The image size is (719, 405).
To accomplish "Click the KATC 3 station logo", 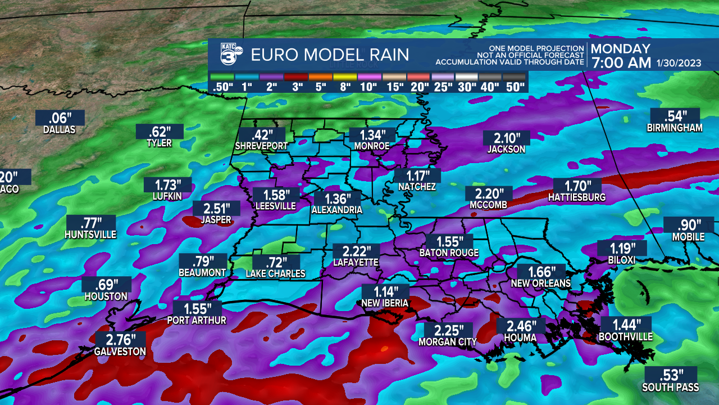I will (x=230, y=55).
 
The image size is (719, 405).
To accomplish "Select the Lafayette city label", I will (x=356, y=263).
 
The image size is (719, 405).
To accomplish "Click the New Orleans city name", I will (x=540, y=283).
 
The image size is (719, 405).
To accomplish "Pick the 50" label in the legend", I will (x=514, y=87).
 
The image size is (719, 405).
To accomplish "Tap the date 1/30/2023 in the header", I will (x=679, y=63).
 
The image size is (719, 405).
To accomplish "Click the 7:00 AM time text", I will (x=620, y=62).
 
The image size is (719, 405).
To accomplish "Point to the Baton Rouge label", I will (x=449, y=253).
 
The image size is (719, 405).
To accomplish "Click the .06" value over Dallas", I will (x=60, y=118).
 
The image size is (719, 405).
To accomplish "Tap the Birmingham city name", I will (x=675, y=128).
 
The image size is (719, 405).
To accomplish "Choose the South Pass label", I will (x=671, y=388).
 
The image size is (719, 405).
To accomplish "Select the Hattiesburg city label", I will (x=577, y=197).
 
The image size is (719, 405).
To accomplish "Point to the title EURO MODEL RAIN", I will (x=330, y=55).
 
